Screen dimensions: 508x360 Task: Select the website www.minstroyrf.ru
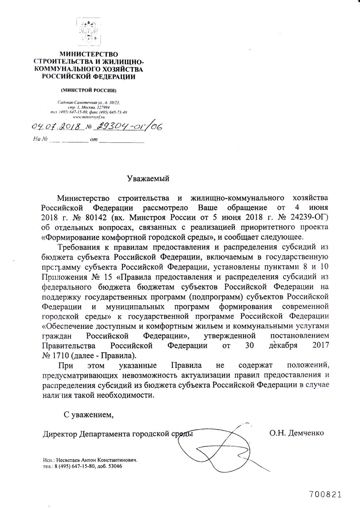point(88,117)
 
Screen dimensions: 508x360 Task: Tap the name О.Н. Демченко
point(297,434)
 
